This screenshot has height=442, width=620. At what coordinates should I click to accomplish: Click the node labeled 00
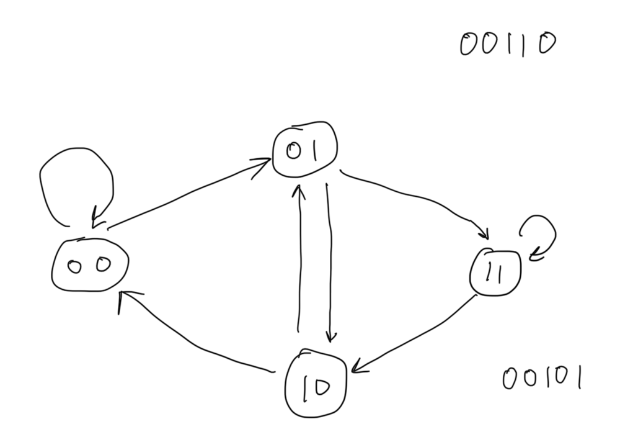[89, 265]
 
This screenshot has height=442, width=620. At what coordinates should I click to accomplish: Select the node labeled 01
[304, 149]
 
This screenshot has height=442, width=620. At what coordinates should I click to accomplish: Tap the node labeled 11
[495, 273]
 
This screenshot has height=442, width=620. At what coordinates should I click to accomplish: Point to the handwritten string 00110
[507, 45]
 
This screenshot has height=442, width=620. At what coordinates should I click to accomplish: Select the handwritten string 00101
[541, 378]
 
